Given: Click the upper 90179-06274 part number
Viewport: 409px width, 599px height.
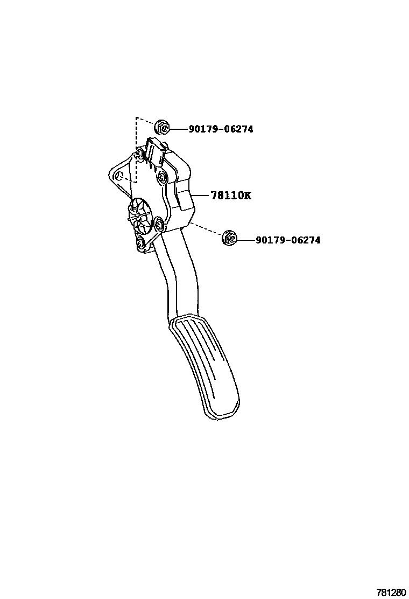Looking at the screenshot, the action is [x=221, y=129].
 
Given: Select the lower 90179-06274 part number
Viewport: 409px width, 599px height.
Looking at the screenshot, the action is [x=288, y=240].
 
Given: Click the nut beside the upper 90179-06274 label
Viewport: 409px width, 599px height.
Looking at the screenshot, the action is [x=162, y=128].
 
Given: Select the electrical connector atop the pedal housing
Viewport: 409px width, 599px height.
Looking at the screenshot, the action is [x=157, y=151].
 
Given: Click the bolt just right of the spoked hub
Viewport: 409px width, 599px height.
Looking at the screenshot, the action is [x=159, y=224].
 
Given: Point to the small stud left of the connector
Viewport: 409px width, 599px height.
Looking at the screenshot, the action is [x=139, y=155].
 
